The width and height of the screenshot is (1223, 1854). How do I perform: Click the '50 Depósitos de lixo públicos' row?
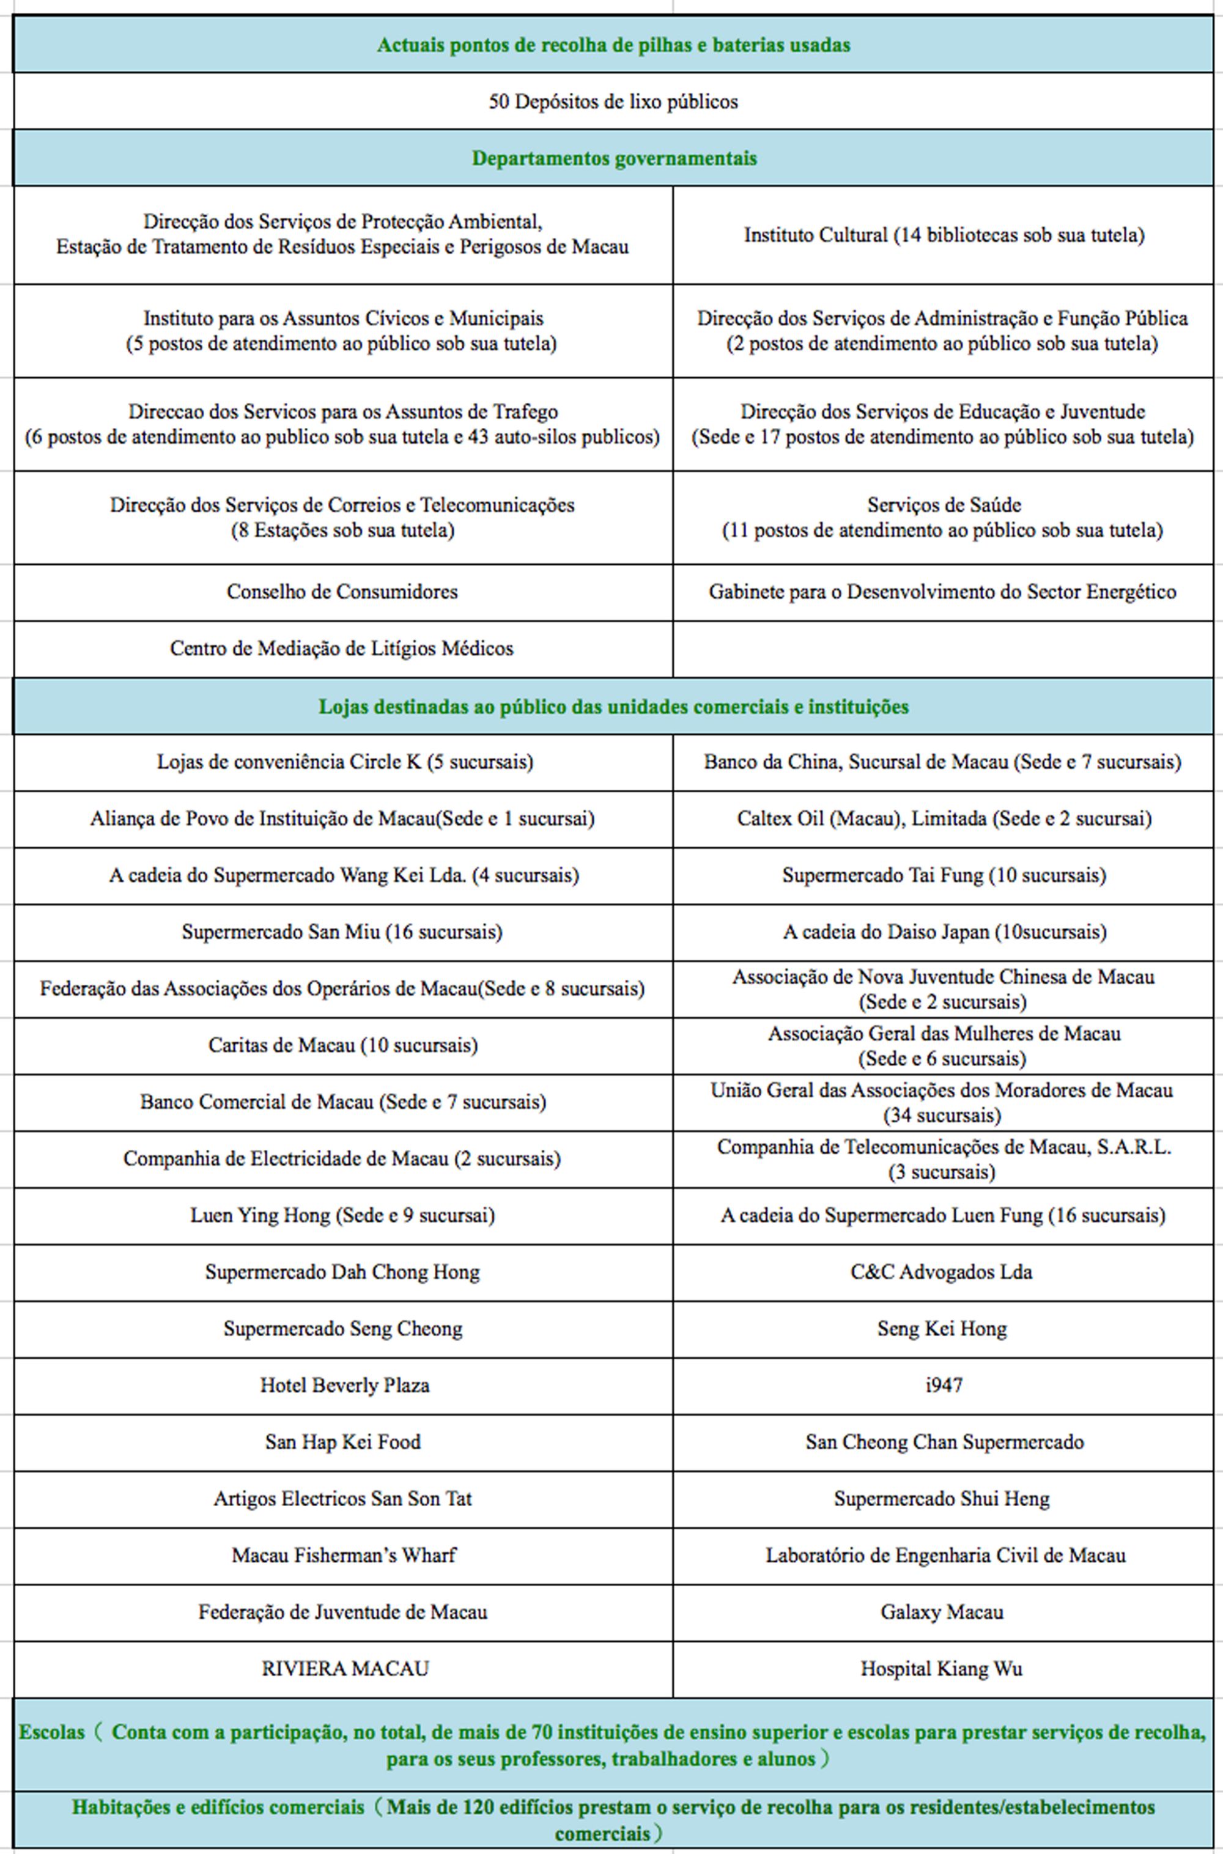pos(613,101)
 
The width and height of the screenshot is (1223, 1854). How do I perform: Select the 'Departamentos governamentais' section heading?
pos(614,158)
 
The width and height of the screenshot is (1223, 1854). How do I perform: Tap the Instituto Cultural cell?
pos(944,235)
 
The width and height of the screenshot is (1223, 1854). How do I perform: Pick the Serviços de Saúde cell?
pos(943,517)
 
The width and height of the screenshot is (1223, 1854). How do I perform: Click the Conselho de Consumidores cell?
pos(342,592)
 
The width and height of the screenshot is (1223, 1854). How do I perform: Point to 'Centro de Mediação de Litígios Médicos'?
pos(342,649)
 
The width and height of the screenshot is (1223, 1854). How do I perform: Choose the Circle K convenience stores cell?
pos(345,762)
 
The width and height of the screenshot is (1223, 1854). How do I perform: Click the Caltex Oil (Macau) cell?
pos(944,818)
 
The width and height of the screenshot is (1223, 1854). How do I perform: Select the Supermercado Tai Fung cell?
pos(944,875)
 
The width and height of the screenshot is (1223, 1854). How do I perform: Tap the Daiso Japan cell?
pos(944,932)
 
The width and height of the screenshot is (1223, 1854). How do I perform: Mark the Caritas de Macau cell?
pos(342,1045)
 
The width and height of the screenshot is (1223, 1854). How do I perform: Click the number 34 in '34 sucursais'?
pos(898,1115)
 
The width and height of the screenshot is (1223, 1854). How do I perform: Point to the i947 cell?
pos(944,1385)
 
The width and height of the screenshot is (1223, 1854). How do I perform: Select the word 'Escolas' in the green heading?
pos(51,1732)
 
